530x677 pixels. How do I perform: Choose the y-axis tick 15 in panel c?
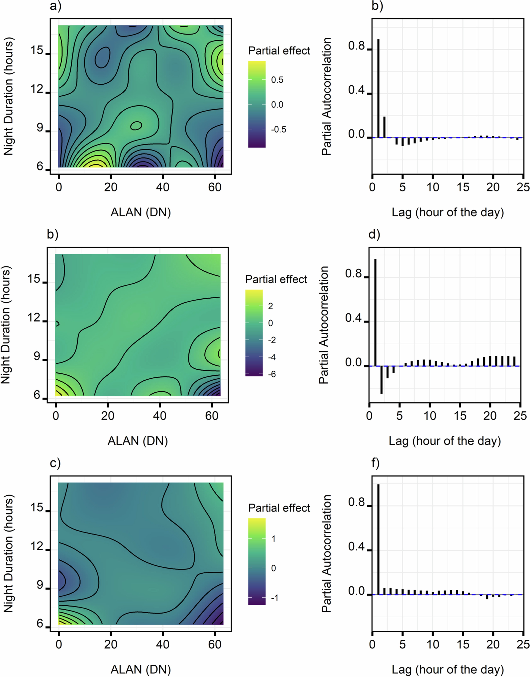click(37, 507)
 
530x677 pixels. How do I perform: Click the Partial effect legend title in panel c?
click(279, 508)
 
